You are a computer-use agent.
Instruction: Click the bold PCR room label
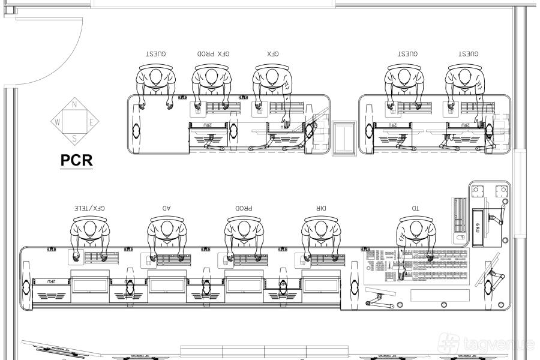point(76,161)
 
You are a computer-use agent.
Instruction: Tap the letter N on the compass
point(74,104)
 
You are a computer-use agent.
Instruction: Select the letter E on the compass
point(91,122)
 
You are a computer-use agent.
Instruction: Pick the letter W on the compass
point(58,122)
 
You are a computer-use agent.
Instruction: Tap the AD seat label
point(166,208)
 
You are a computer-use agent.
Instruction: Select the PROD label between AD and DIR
point(243,208)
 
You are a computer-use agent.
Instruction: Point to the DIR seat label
point(321,208)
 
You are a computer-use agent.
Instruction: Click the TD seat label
point(415,208)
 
